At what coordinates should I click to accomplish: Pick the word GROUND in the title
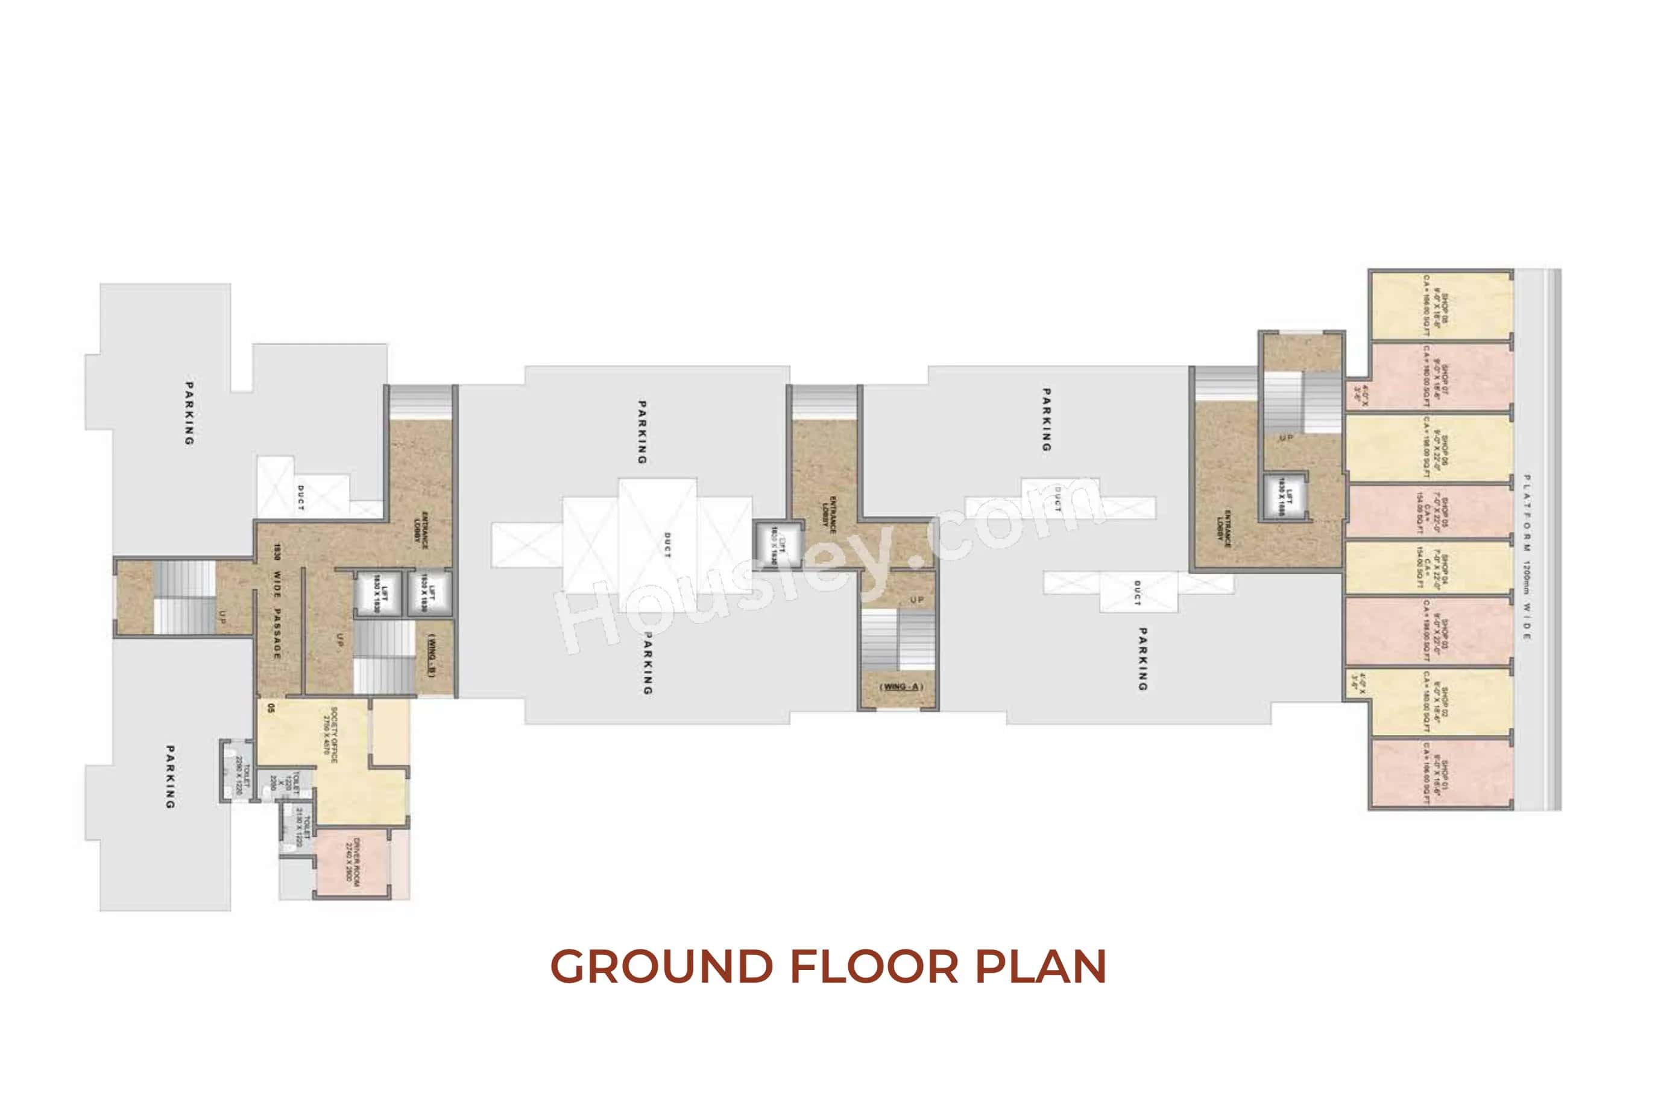[x=661, y=966]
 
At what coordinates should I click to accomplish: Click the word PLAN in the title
[x=1041, y=966]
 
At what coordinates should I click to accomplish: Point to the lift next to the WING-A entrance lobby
[x=778, y=545]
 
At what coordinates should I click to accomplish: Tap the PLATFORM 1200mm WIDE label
[x=1527, y=556]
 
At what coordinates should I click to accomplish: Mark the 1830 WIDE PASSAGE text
[x=277, y=601]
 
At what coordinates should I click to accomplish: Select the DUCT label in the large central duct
[x=666, y=545]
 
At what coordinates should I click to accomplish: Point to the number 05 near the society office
[x=270, y=708]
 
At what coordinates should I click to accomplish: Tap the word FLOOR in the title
[x=874, y=966]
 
